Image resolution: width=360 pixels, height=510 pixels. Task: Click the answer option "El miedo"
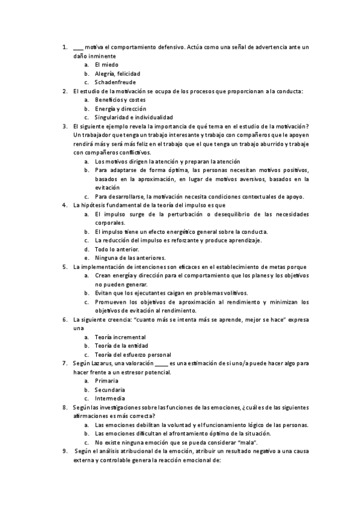tap(107, 64)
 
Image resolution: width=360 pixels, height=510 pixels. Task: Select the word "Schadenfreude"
tap(115, 82)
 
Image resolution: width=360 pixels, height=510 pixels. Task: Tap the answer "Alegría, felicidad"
tap(118, 73)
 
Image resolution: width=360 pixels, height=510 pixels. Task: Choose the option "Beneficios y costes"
tap(120, 99)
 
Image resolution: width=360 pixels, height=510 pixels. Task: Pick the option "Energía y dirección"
tap(120, 108)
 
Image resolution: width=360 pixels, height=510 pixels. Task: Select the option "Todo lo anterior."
tap(117, 249)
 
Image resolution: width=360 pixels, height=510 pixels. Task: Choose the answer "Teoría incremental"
tap(120, 337)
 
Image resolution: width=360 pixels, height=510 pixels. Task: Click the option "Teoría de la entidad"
tap(121, 346)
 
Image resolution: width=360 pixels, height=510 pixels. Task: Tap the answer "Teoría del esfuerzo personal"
tap(133, 355)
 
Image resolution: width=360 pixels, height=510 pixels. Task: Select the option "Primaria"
tap(106, 381)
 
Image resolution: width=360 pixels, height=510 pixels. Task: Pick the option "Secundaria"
tap(110, 390)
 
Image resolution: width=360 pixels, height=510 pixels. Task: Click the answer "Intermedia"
tap(110, 399)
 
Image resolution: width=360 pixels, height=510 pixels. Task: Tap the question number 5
tap(65, 266)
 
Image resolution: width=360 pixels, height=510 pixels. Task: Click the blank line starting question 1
tap(78, 47)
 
